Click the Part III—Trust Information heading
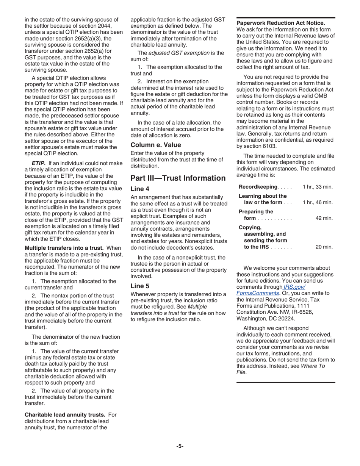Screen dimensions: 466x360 pyautogui.click(x=178, y=178)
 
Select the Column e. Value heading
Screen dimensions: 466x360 pyautogui.click(x=156, y=145)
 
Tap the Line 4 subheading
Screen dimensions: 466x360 pyautogui.click(x=140, y=189)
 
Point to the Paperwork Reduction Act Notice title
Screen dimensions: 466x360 pyautogui.click(x=280, y=23)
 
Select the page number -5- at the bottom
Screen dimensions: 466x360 pyautogui.click(x=180, y=446)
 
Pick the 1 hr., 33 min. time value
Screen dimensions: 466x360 pyautogui.click(x=318, y=187)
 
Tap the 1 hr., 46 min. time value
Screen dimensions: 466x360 pyautogui.click(x=318, y=202)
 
